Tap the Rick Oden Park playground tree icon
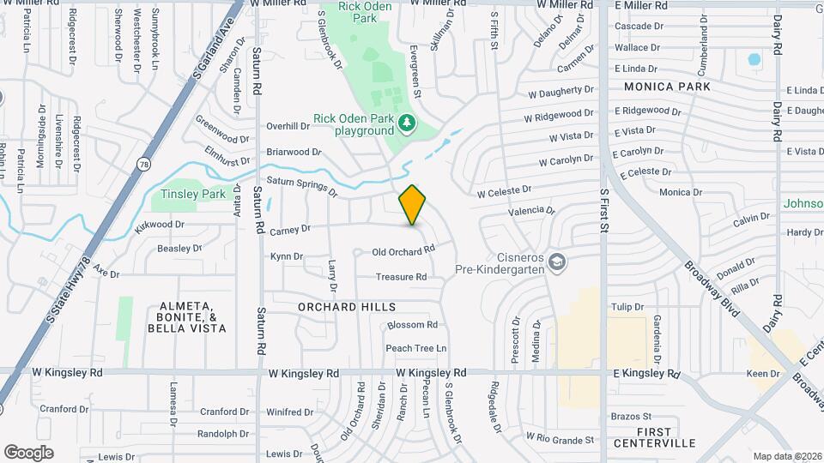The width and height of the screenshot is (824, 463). click(x=407, y=125)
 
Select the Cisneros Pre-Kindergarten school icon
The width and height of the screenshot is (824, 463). click(x=557, y=262)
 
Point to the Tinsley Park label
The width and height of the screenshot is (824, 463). click(x=188, y=195)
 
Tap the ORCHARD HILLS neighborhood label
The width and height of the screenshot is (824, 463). click(x=347, y=306)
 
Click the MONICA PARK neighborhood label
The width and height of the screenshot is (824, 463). click(x=667, y=87)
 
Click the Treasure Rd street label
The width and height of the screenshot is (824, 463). click(x=401, y=277)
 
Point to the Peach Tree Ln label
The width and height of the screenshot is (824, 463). click(x=416, y=348)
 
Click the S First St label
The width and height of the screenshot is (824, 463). click(x=604, y=212)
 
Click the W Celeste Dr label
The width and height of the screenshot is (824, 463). click(x=504, y=191)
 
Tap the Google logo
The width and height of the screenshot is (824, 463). click(x=28, y=453)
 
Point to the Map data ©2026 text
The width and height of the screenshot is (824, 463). click(x=786, y=456)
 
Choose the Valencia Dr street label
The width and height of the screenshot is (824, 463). click(x=532, y=210)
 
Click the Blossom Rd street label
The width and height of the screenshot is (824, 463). click(x=413, y=325)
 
